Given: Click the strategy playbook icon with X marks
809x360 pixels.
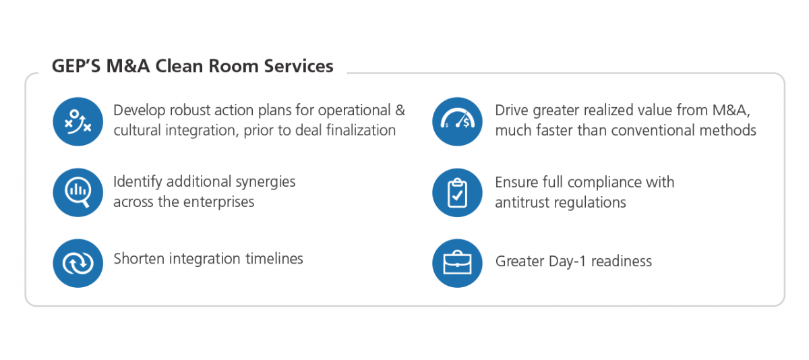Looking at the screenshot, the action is [x=78, y=121].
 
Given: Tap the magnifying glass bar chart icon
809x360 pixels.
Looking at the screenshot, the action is [x=78, y=192].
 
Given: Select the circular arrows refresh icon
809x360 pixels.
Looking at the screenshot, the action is [x=78, y=263].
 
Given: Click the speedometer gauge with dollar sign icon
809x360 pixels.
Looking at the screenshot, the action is [x=457, y=121].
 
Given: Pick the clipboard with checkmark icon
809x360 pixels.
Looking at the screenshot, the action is [x=457, y=192].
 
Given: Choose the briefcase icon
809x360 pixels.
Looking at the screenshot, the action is [x=457, y=263].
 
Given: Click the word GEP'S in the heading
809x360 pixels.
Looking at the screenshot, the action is [x=76, y=66].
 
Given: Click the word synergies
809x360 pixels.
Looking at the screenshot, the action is [x=266, y=182].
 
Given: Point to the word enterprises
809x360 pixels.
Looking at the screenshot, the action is [x=219, y=202].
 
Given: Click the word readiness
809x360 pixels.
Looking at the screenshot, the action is [x=622, y=261].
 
